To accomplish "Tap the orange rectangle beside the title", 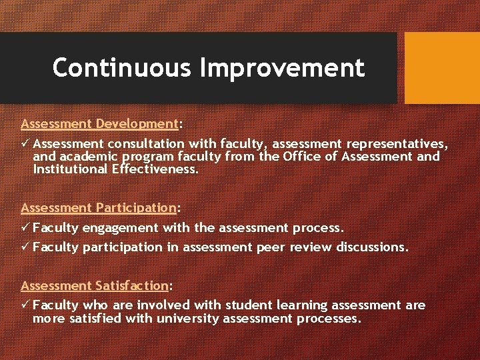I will tap(442, 68).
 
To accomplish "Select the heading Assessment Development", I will tap(99, 124).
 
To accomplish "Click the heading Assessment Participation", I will tap(98, 207).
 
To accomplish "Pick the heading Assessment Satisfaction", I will tap(95, 285).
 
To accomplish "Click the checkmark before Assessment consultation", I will tap(25, 143).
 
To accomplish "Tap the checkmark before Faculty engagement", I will tap(25, 227).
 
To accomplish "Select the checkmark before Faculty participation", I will tap(25, 247).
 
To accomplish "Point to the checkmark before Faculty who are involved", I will tap(25, 305).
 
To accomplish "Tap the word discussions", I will tap(369, 247).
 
